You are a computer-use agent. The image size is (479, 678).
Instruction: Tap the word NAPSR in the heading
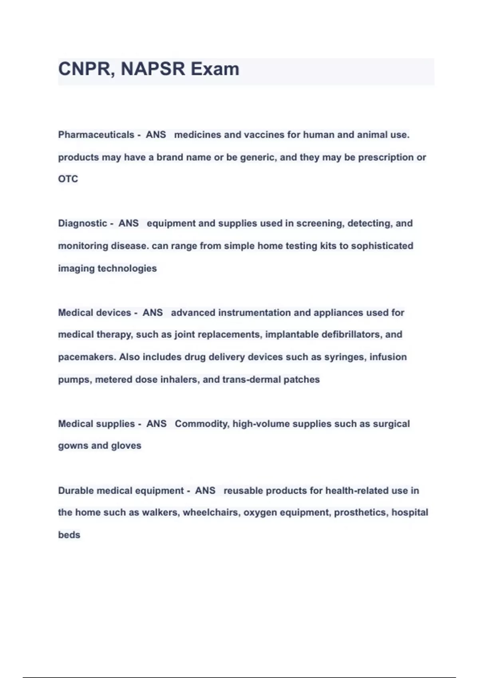(x=153, y=69)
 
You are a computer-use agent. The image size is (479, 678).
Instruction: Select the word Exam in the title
(x=215, y=69)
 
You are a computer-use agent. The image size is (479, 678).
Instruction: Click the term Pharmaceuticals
(x=96, y=135)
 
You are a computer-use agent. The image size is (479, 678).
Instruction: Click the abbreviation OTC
(x=68, y=179)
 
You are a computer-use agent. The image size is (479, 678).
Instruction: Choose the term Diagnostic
(x=83, y=223)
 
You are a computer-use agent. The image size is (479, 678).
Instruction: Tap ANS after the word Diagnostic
(x=129, y=223)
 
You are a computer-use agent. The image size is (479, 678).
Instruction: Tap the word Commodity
(x=202, y=424)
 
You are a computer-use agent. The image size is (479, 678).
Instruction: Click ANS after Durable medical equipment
(x=205, y=491)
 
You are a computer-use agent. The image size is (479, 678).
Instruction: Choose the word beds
(x=69, y=535)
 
